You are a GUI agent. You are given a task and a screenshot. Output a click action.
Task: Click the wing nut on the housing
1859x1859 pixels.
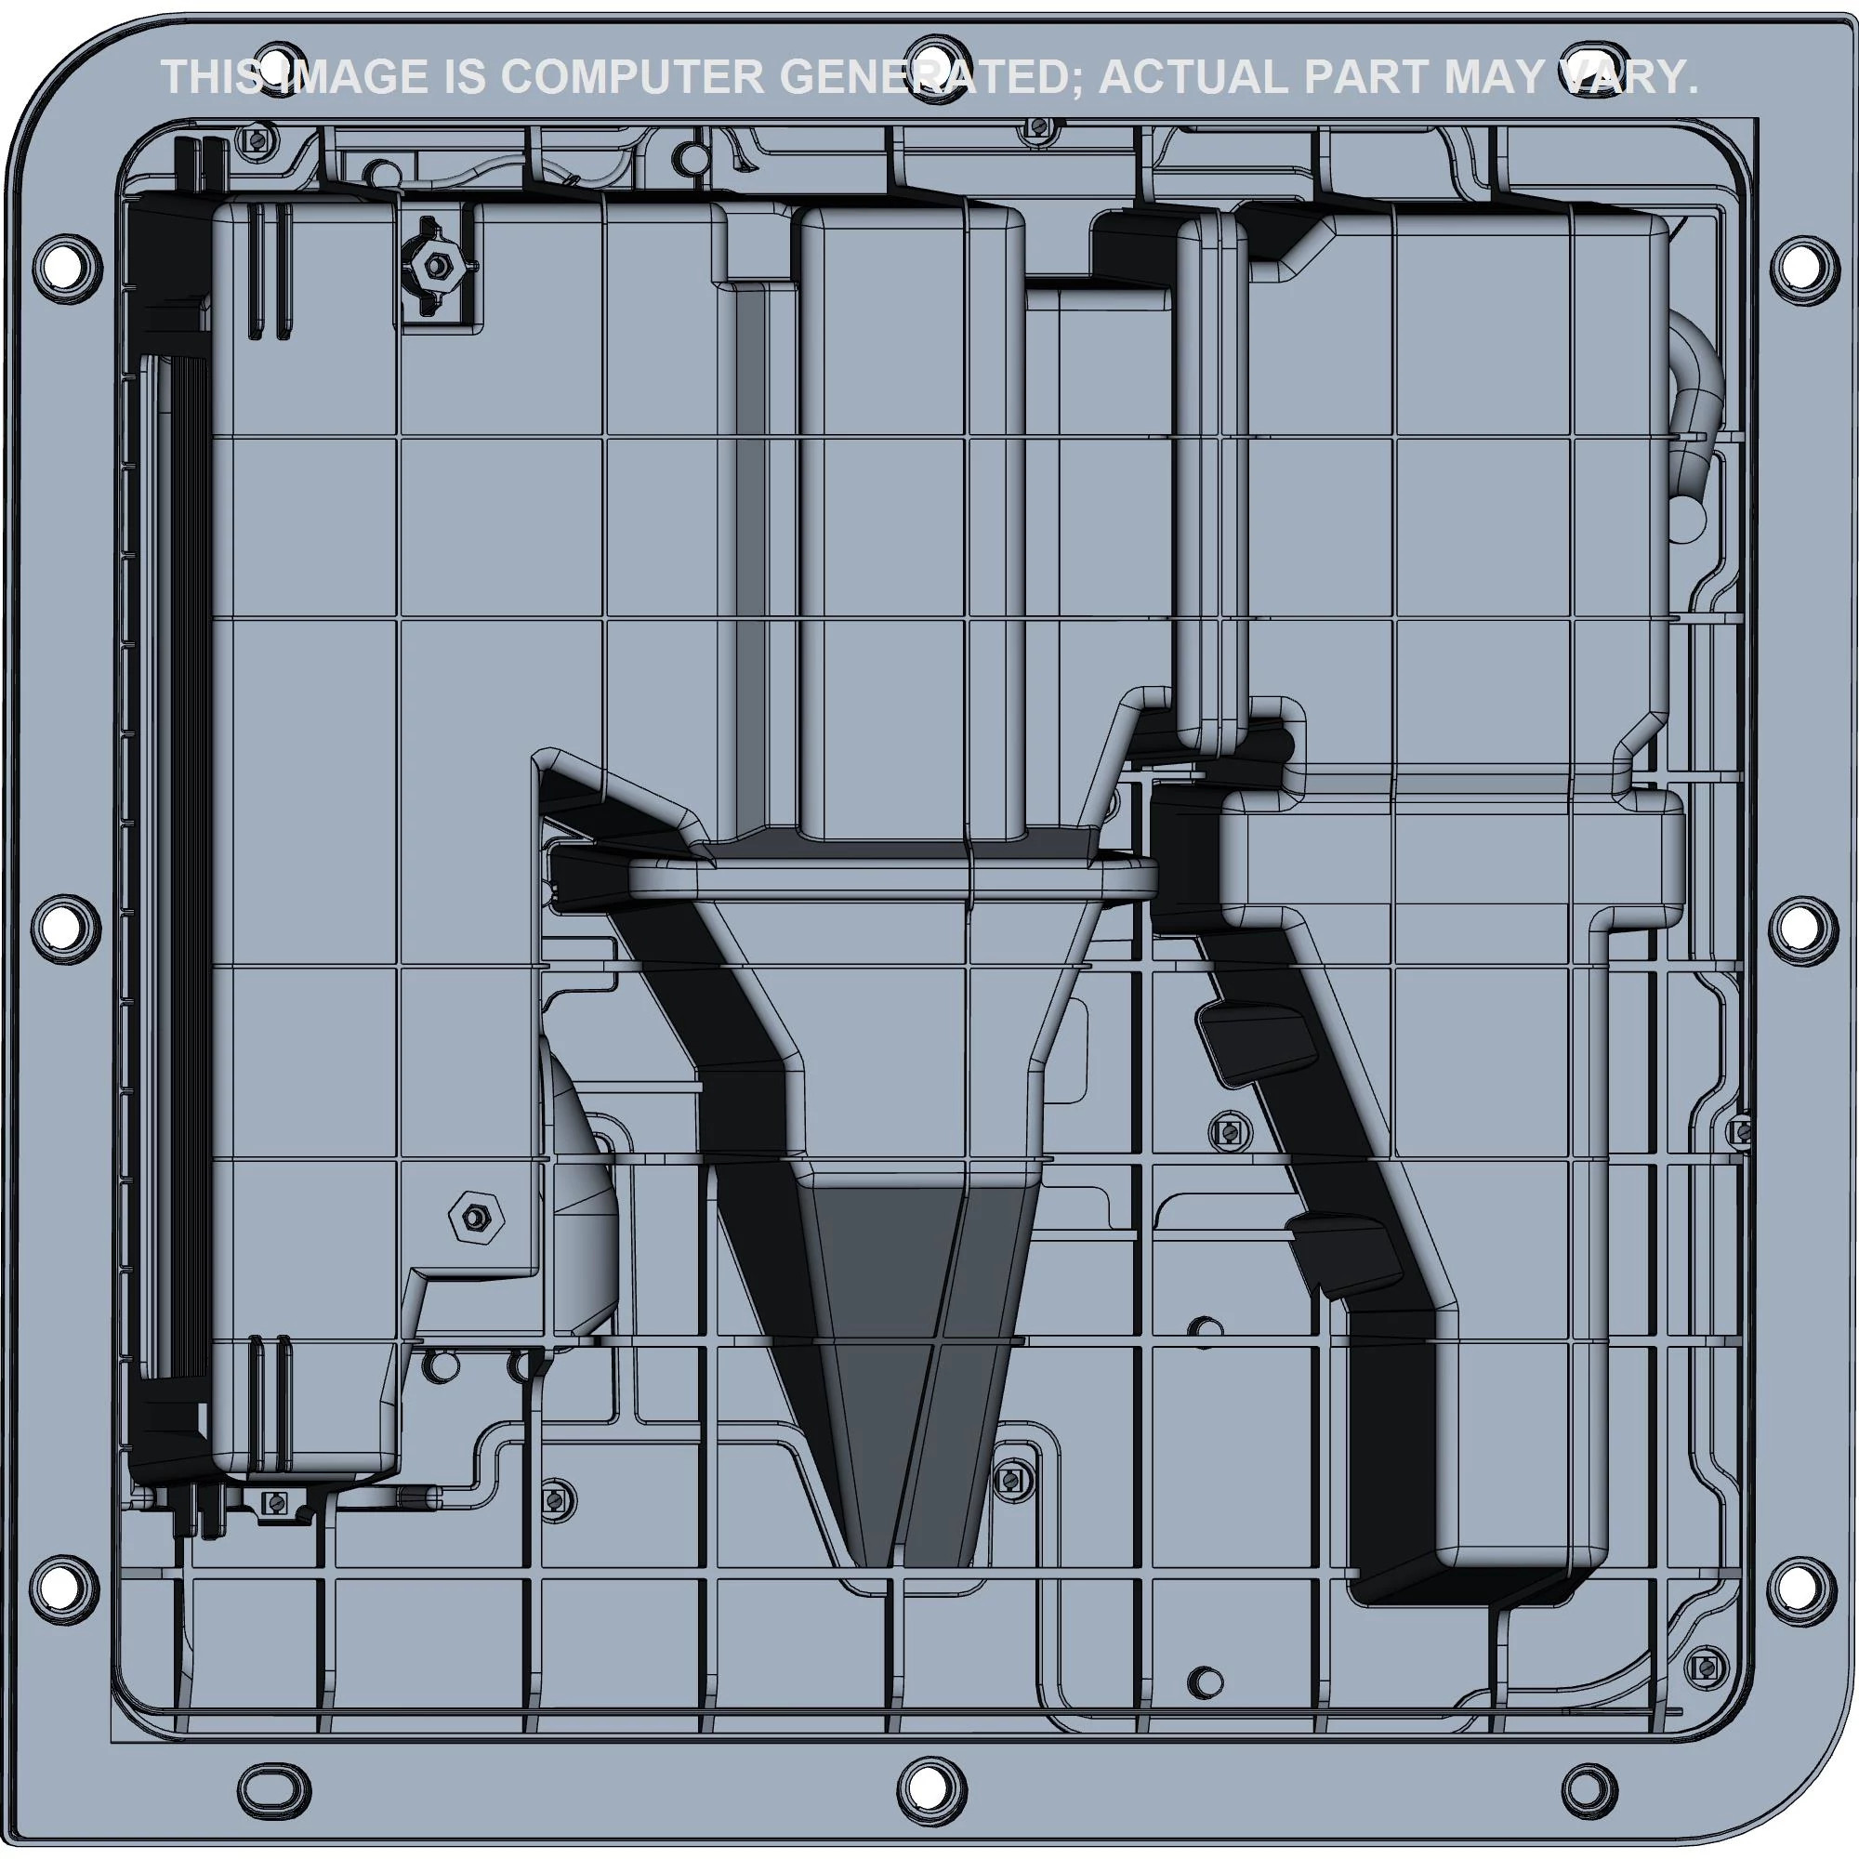point(438,264)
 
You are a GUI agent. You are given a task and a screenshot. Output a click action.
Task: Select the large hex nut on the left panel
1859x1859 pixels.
point(476,1219)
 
